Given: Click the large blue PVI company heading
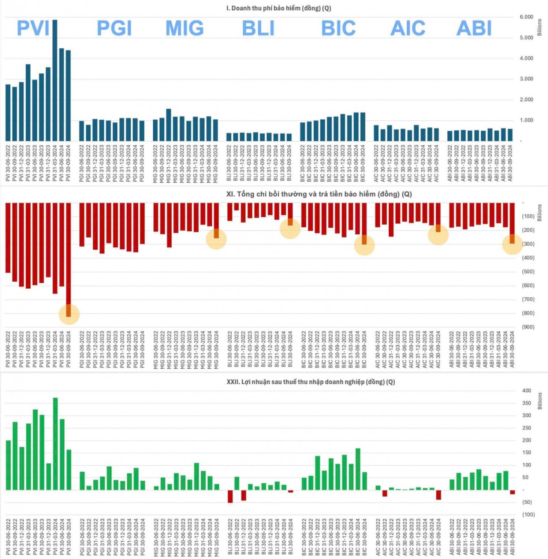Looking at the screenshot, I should tap(33, 28).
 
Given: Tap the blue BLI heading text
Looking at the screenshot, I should tap(258, 28).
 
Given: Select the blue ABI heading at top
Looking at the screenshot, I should tap(474, 28).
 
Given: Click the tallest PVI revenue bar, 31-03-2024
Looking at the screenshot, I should tap(55, 80).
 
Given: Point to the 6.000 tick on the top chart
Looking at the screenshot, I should tap(526, 17).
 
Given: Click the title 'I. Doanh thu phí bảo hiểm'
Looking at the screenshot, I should tap(278, 8).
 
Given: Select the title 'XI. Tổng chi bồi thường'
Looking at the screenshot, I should tap(319, 194).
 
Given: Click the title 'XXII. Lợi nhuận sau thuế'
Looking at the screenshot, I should tap(310, 382).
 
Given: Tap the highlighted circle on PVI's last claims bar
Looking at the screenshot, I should tap(69, 314).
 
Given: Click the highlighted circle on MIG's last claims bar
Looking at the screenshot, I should tap(216, 239).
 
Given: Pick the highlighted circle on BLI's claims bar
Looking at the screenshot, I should tap(290, 228).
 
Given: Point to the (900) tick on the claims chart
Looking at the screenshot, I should tap(528, 327).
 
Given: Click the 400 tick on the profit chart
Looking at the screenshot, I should tap(526, 390).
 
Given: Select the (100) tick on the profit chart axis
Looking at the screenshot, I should tap(528, 515).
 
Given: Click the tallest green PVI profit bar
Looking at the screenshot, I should tap(55, 444).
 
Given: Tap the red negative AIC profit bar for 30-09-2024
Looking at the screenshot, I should tap(438, 494).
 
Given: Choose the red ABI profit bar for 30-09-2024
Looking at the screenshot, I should tap(512, 492).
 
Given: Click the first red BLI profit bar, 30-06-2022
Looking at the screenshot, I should tap(230, 496).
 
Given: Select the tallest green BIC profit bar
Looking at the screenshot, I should tap(358, 469).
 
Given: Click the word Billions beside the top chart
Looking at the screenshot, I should tap(539, 27).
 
